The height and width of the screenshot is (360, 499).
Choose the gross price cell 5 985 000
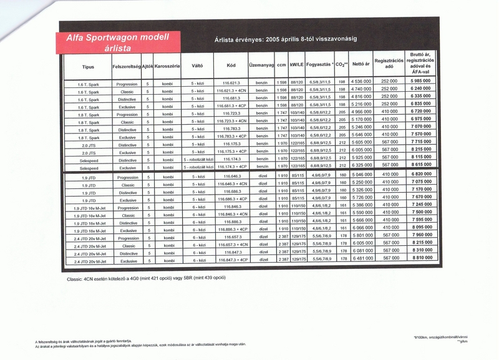(422, 82)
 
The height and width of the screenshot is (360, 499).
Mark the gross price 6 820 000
(422, 174)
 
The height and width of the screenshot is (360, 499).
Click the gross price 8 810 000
(422, 258)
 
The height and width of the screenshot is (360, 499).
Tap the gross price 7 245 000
(422, 205)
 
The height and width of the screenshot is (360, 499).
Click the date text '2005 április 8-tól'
(296, 38)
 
